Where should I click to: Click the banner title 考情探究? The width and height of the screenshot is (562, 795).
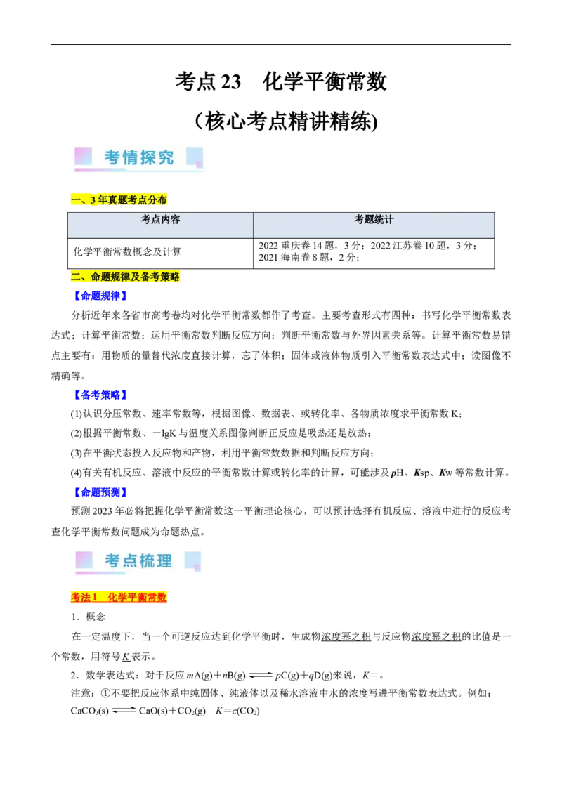[x=139, y=157]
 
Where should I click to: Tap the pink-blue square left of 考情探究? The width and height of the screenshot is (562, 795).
[x=84, y=156]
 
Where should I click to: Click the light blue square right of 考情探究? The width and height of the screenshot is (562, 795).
[x=195, y=157]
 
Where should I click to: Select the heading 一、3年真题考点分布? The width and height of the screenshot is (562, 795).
[x=119, y=200]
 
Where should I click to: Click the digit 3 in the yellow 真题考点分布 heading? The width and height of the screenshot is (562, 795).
[x=93, y=200]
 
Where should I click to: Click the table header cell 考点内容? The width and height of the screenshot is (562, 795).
[x=160, y=220]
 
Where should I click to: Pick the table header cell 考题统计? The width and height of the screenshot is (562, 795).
[x=374, y=220]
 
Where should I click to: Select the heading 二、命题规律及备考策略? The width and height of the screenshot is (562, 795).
[x=126, y=277]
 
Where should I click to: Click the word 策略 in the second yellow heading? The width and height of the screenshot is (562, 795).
[x=171, y=277]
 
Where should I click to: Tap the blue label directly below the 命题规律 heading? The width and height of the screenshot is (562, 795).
[x=100, y=296]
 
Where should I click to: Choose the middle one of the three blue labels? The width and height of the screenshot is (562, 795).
[x=100, y=395]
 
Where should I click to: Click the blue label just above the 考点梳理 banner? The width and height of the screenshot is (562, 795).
[x=100, y=492]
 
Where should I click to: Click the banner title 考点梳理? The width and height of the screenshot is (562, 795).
[x=138, y=560]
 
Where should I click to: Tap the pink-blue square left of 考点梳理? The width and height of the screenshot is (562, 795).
[x=84, y=560]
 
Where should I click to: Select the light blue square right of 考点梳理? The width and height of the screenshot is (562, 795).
[x=192, y=560]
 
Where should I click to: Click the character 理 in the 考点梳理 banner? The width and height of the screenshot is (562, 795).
[x=164, y=560]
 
